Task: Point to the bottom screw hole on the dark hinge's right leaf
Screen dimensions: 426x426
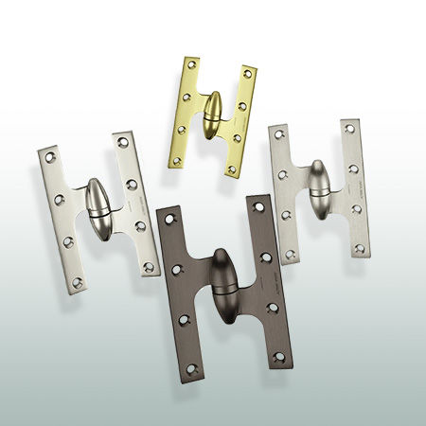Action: point(278,358)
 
